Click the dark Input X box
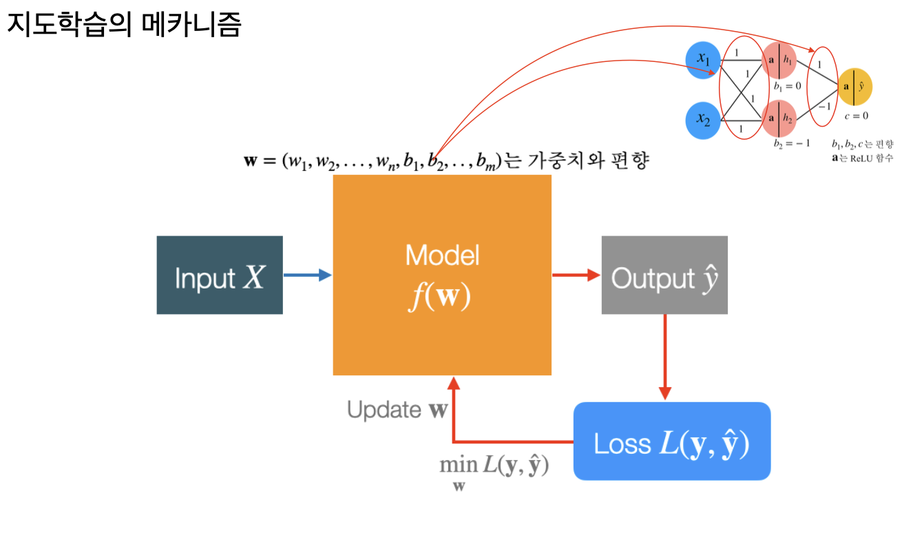[x=220, y=275]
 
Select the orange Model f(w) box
[x=442, y=275]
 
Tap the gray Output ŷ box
[x=664, y=275]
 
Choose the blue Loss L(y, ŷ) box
[x=671, y=441]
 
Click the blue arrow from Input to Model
[x=307, y=275]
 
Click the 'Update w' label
[x=397, y=410]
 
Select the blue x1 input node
[x=703, y=60]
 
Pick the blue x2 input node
[x=703, y=119]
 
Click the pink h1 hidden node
[x=779, y=60]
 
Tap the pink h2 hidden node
[x=779, y=118]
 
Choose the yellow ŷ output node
[x=854, y=87]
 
